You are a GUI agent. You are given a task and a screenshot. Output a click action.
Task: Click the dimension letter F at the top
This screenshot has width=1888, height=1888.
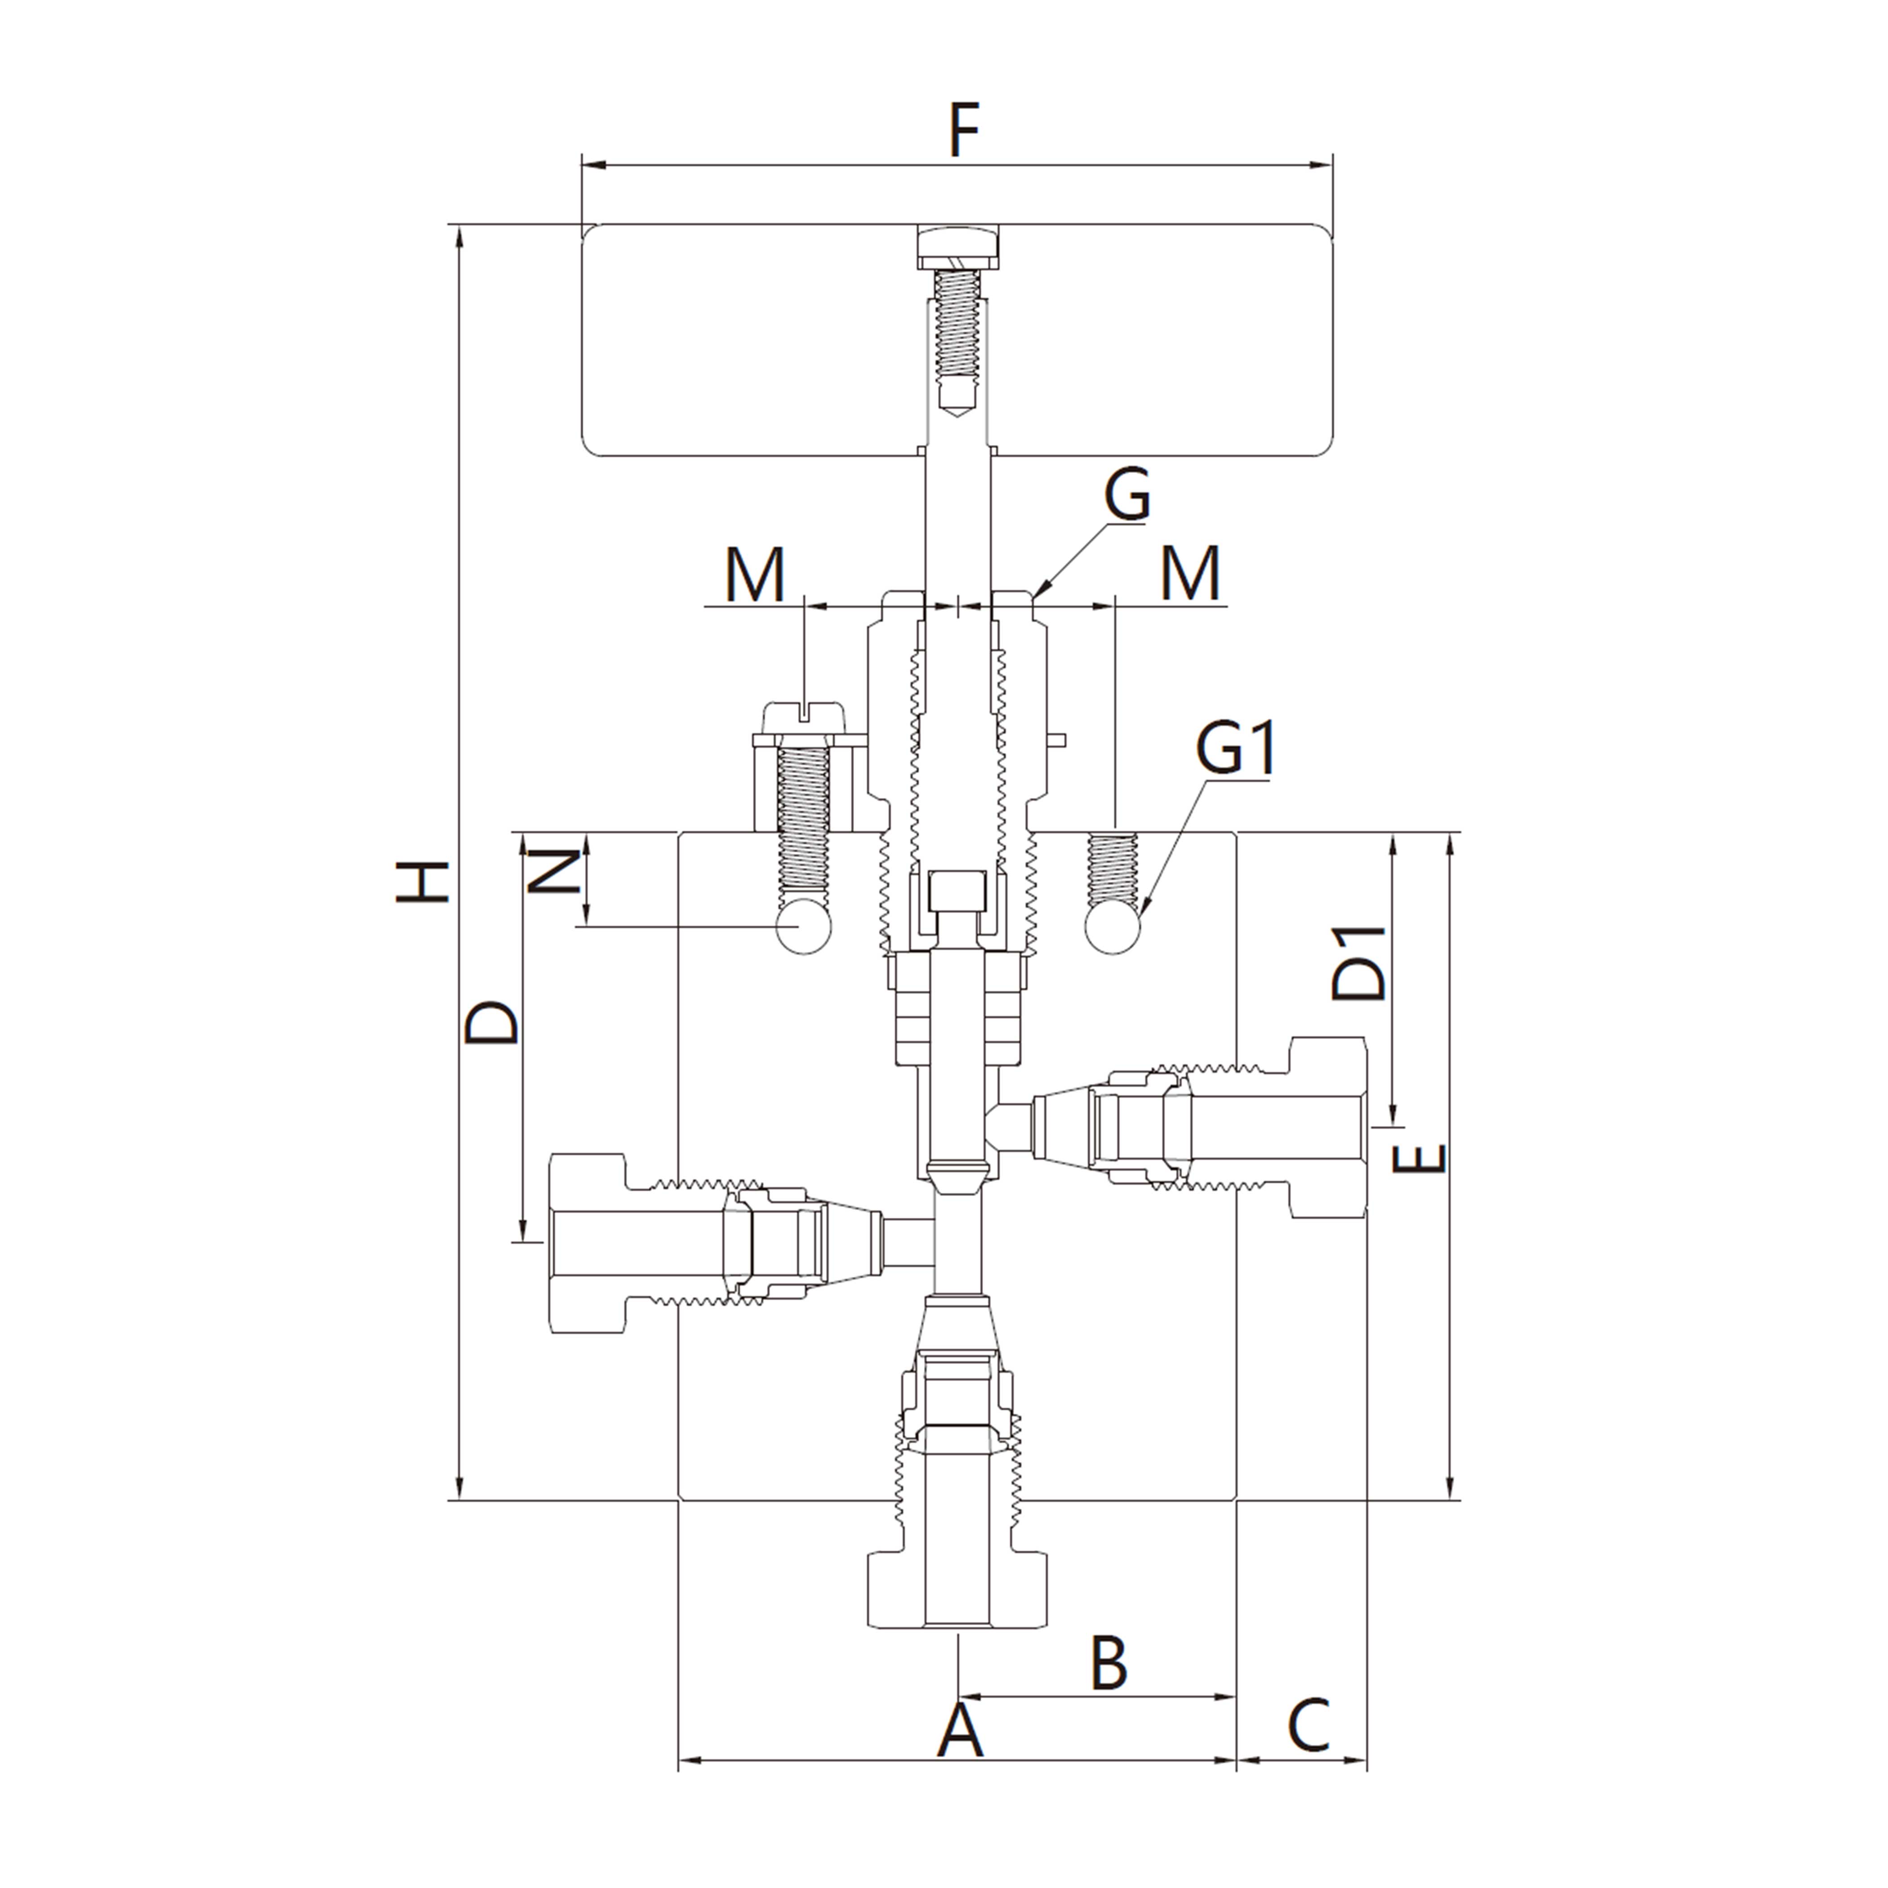[963, 132]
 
